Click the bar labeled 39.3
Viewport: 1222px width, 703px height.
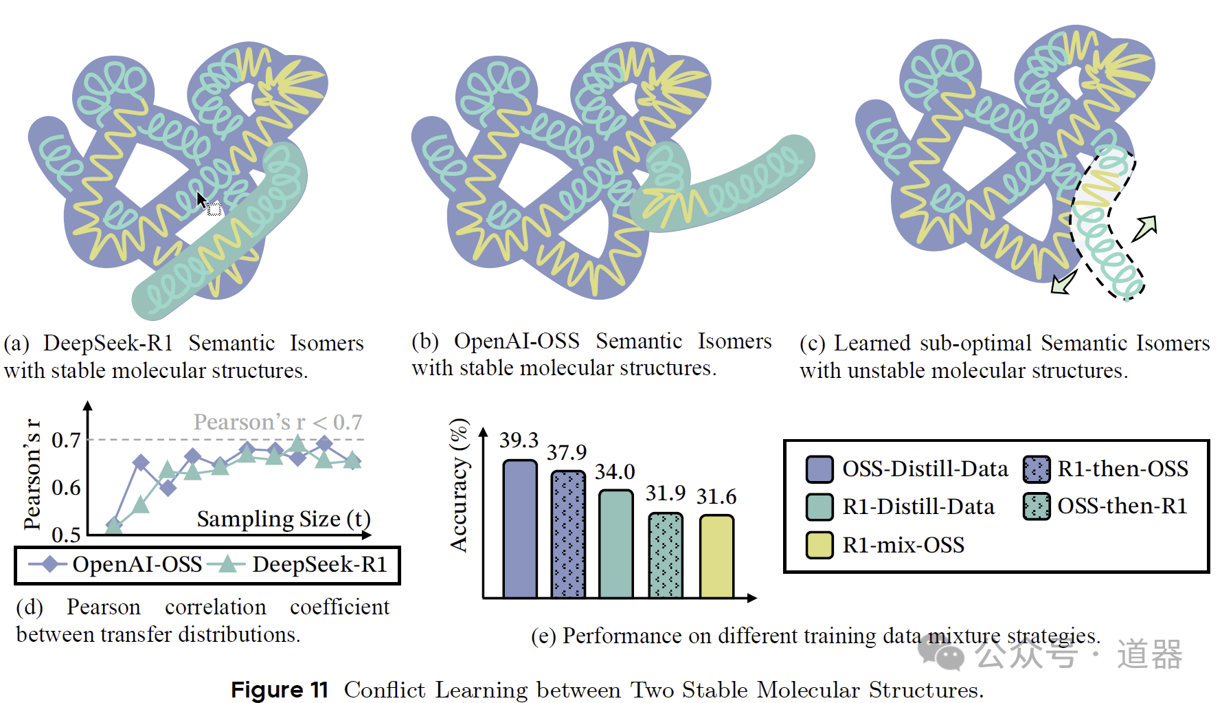tap(520, 528)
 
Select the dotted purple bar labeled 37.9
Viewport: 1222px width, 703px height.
tap(568, 534)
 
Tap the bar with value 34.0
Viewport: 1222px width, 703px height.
tap(615, 544)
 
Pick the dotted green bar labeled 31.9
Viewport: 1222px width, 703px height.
tap(666, 555)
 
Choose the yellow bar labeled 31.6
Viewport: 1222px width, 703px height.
tap(716, 556)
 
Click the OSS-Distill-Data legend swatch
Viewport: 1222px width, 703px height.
tap(819, 469)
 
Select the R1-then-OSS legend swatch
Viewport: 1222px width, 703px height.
tap(1037, 469)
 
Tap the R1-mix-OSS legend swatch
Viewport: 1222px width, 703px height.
tap(819, 545)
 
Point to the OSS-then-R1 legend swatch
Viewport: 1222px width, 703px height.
tap(1037, 506)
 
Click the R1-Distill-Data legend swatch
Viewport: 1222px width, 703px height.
tap(819, 506)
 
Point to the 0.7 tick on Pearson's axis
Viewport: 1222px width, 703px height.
tap(67, 440)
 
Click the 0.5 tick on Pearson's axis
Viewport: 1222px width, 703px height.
tap(67, 534)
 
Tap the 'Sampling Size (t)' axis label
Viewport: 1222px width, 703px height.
tap(283, 519)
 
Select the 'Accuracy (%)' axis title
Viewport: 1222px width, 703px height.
tap(459, 485)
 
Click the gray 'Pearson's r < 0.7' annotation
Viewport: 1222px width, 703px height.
tap(278, 422)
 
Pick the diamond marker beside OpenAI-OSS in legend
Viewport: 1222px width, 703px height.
tap(49, 564)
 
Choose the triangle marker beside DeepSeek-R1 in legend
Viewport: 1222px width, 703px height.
tap(227, 564)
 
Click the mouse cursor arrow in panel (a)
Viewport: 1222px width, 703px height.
tap(201, 200)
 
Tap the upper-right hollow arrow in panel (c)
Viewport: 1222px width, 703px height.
tap(1145, 227)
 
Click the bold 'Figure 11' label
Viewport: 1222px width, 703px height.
tap(280, 689)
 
